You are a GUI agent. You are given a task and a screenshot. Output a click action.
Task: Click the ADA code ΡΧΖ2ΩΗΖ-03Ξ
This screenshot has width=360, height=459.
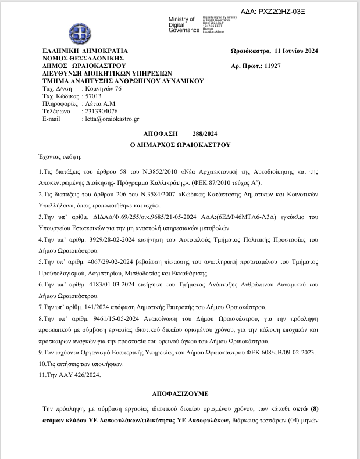(309, 12)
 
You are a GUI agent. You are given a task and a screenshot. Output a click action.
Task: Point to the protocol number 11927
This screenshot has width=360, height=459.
(272, 66)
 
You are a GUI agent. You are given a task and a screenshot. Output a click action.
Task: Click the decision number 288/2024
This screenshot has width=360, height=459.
(208, 134)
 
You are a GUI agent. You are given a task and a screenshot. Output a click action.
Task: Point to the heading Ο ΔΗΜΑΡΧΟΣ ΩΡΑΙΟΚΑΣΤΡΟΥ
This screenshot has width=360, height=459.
(180, 144)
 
